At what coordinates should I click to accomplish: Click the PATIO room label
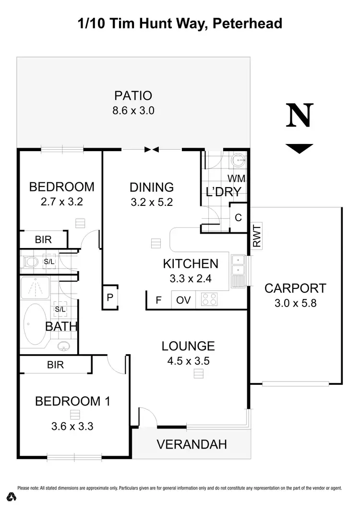pos(133,95)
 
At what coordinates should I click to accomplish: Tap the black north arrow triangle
pos(299,148)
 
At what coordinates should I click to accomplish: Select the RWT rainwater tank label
pos(257,236)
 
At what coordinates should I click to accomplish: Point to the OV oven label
pos(183,300)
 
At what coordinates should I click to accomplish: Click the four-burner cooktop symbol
pos(209,299)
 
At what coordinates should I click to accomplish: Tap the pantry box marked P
pos(110,298)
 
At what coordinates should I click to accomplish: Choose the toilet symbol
pos(31,261)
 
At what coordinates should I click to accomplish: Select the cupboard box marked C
pos(238,217)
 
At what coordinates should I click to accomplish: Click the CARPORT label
pos(295,288)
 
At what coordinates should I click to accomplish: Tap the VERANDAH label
pos(192,444)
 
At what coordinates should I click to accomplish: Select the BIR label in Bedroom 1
pos(56,365)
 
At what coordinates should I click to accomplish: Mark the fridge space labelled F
pos(158,300)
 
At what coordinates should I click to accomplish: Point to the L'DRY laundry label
pos(223,192)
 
